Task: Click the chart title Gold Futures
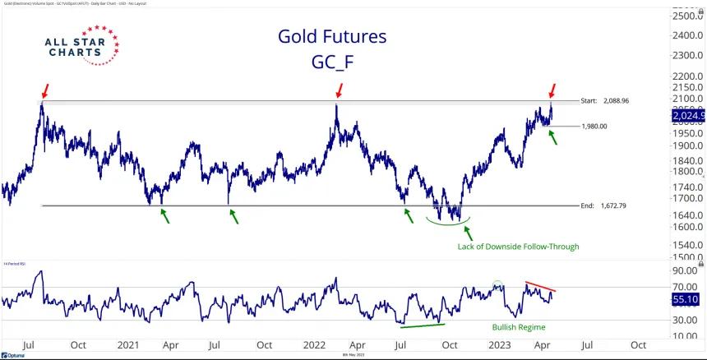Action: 331,37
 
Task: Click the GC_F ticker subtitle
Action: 331,64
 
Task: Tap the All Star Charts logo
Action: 74,44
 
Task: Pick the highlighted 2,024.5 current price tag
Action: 688,117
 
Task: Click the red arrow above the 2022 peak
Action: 340,90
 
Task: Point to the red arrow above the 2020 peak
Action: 47,89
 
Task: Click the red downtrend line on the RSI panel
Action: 540,287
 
